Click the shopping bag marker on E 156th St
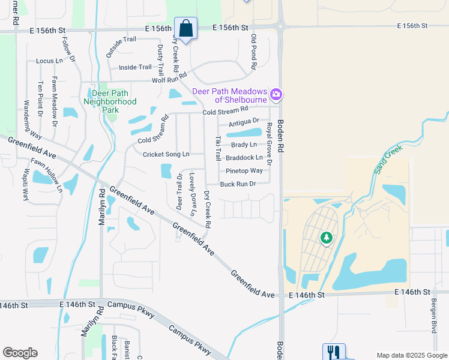point(186,28)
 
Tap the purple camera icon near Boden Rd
point(276,94)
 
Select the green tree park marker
point(327,238)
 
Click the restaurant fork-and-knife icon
point(334,352)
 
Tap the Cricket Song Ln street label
point(166,154)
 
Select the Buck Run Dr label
point(238,184)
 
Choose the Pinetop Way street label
point(244,171)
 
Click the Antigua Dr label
point(244,121)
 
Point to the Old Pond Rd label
point(254,51)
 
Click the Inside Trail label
point(136,67)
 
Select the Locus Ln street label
point(49,61)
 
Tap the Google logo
point(20,353)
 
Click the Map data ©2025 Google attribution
point(411,355)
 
